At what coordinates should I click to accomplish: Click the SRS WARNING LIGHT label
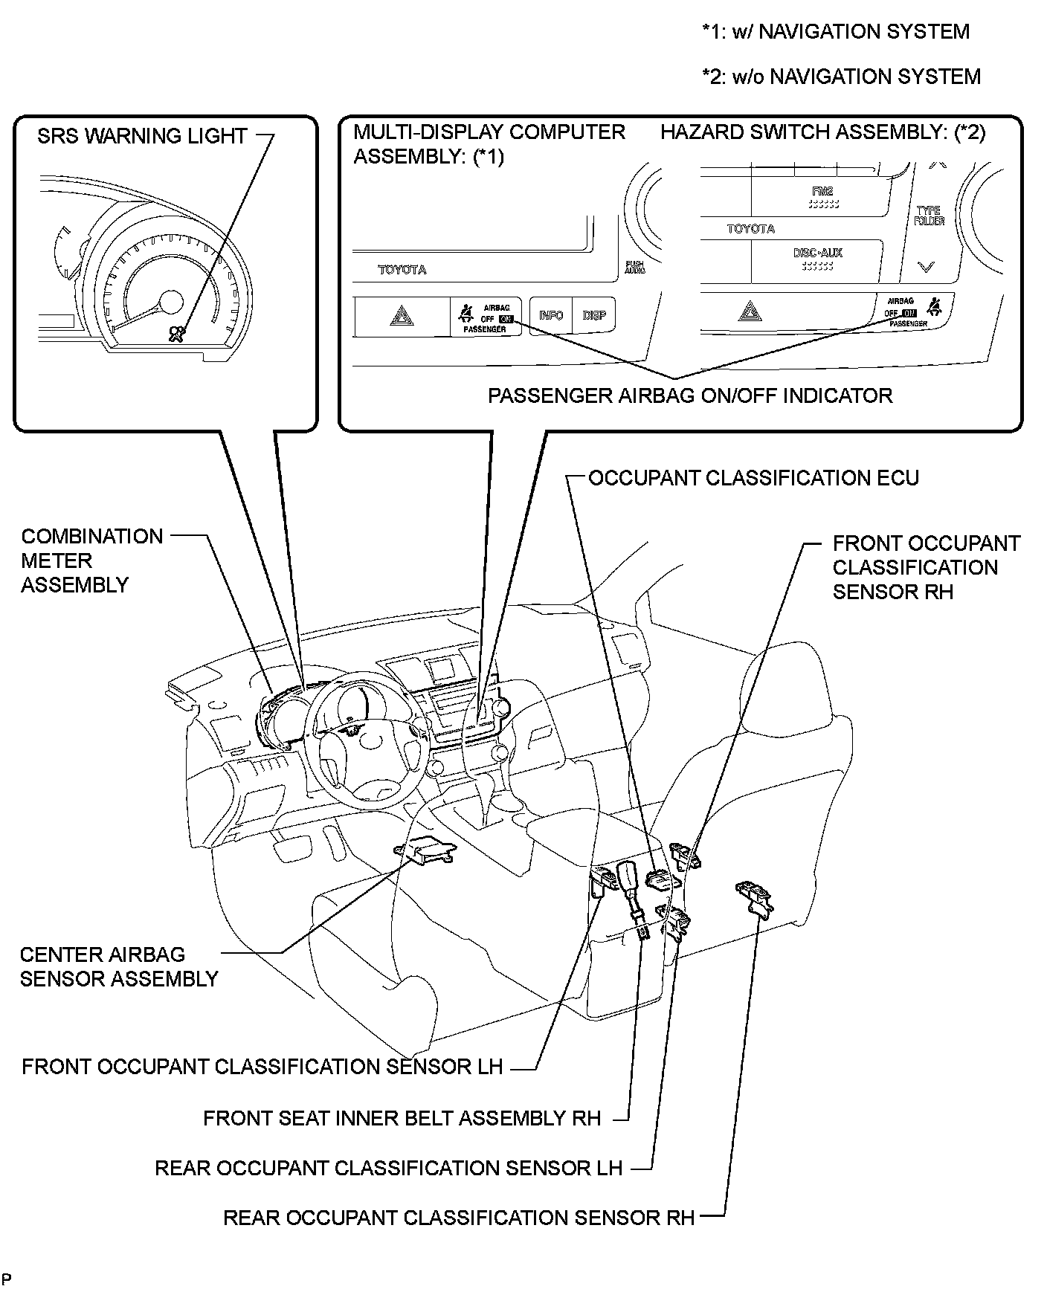click(142, 136)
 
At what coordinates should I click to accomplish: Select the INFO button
click(551, 315)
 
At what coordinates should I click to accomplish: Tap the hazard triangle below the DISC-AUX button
click(750, 311)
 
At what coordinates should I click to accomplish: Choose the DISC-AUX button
click(817, 258)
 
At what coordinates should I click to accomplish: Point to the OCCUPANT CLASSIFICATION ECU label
click(753, 477)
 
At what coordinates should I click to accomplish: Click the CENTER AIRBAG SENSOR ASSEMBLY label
click(119, 966)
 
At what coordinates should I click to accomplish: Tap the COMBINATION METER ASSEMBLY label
click(91, 560)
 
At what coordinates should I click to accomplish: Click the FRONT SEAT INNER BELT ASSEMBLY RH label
click(402, 1118)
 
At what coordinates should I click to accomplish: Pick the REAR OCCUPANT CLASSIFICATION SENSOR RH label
click(459, 1218)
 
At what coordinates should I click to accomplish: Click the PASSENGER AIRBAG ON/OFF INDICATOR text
click(689, 395)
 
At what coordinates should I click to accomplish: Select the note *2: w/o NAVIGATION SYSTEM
click(841, 77)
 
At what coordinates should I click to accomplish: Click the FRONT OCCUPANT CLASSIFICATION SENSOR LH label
click(262, 1067)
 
